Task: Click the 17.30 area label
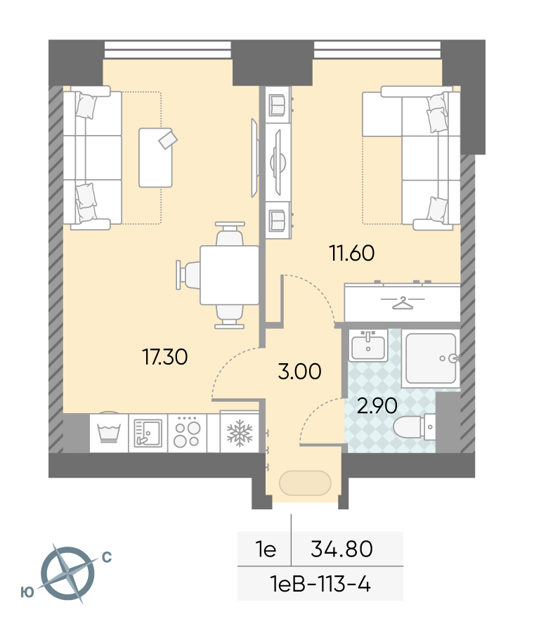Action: [x=165, y=356]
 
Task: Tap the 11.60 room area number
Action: [x=352, y=253]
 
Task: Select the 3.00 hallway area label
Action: [x=299, y=371]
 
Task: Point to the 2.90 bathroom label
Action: [x=377, y=406]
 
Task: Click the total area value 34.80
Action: [x=342, y=549]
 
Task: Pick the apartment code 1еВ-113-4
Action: [x=320, y=585]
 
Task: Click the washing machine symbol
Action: [x=109, y=433]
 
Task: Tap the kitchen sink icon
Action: [x=148, y=433]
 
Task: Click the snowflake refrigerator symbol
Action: [x=240, y=433]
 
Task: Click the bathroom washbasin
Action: [x=368, y=346]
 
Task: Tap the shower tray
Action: [x=431, y=358]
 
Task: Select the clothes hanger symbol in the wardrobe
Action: [x=402, y=303]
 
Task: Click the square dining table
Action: [x=229, y=275]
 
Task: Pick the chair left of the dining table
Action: [x=188, y=275]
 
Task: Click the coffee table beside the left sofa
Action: [x=156, y=157]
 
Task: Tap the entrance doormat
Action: [x=305, y=483]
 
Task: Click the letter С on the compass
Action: [x=107, y=557]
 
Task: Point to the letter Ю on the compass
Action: [x=27, y=592]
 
